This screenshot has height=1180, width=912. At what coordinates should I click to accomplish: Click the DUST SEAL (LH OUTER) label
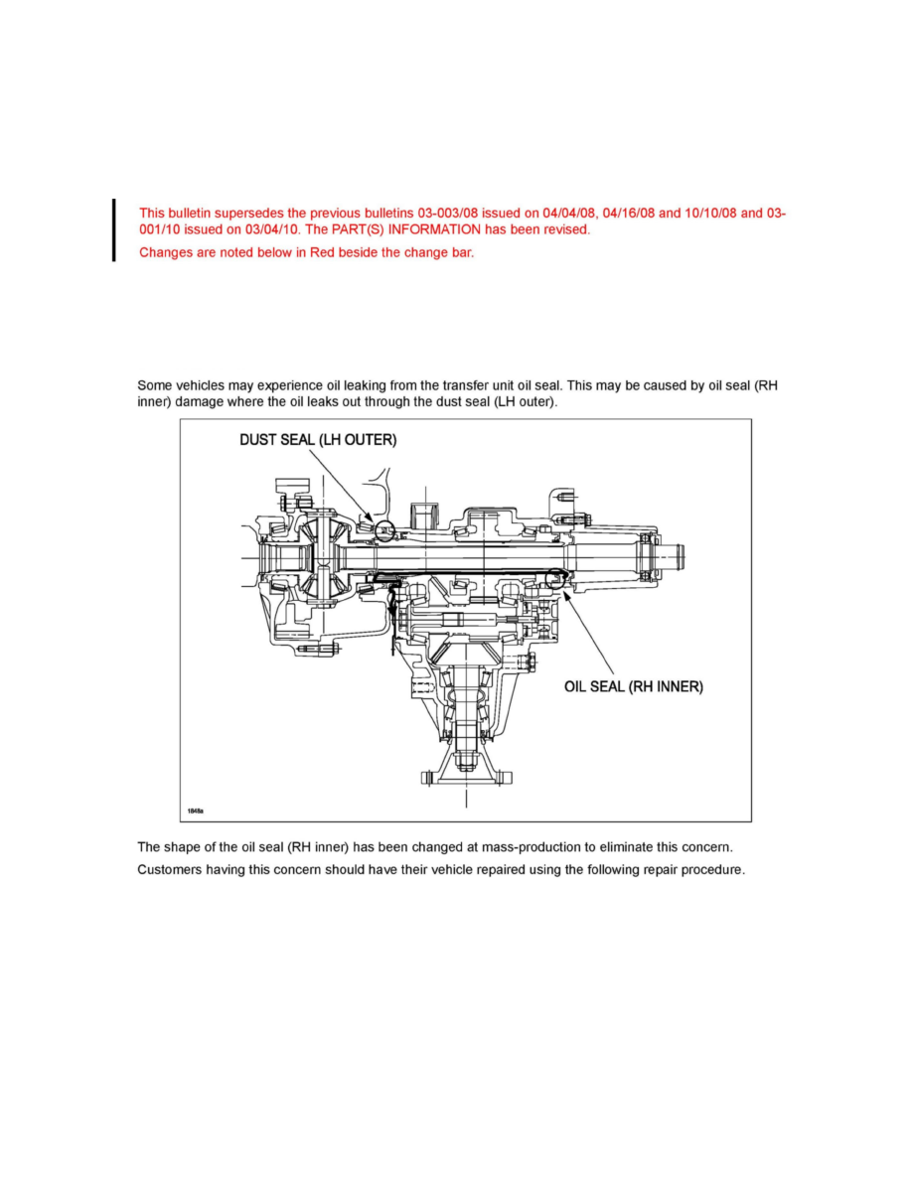click(318, 441)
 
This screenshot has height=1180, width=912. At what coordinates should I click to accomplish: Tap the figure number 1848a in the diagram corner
click(196, 811)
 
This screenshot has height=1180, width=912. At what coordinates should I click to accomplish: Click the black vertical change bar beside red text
click(114, 229)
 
